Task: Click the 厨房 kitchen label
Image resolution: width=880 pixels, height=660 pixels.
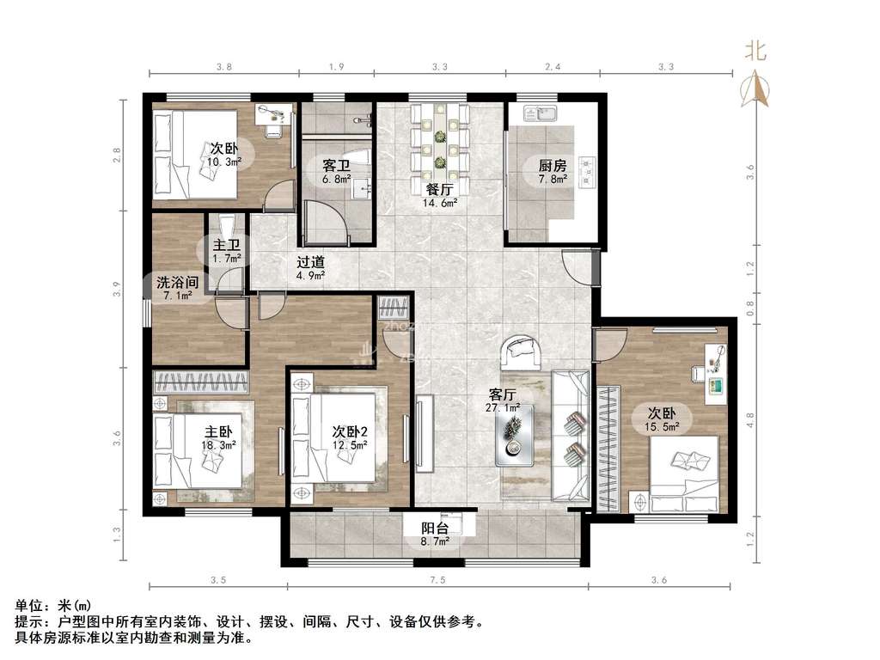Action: [553, 166]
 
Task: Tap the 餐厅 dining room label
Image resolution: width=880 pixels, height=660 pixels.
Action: [439, 190]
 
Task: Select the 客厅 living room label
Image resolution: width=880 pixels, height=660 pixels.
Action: [502, 394]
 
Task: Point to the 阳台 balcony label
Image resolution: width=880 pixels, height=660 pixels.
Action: [435, 529]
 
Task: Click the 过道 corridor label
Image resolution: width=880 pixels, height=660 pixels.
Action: [310, 262]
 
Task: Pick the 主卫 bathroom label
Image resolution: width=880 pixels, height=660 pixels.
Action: [227, 245]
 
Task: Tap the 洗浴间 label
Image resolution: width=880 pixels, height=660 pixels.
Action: [177, 282]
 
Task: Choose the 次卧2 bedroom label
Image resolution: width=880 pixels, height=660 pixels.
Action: [350, 431]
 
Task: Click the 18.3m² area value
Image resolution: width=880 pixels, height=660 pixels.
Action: [218, 445]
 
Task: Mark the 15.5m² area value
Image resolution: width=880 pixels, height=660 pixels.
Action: [663, 426]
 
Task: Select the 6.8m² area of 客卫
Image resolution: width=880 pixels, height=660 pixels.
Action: [337, 179]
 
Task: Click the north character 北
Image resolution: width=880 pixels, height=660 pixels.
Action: [755, 51]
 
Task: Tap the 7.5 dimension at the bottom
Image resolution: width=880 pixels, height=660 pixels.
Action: [437, 580]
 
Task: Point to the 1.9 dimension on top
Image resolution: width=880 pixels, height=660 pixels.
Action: [336, 67]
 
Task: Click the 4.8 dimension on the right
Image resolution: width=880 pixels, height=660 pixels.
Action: [750, 419]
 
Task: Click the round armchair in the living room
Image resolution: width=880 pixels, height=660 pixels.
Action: [522, 352]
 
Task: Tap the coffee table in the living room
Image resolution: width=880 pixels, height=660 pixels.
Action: [514, 435]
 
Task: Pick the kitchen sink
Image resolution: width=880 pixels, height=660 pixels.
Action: [540, 113]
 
